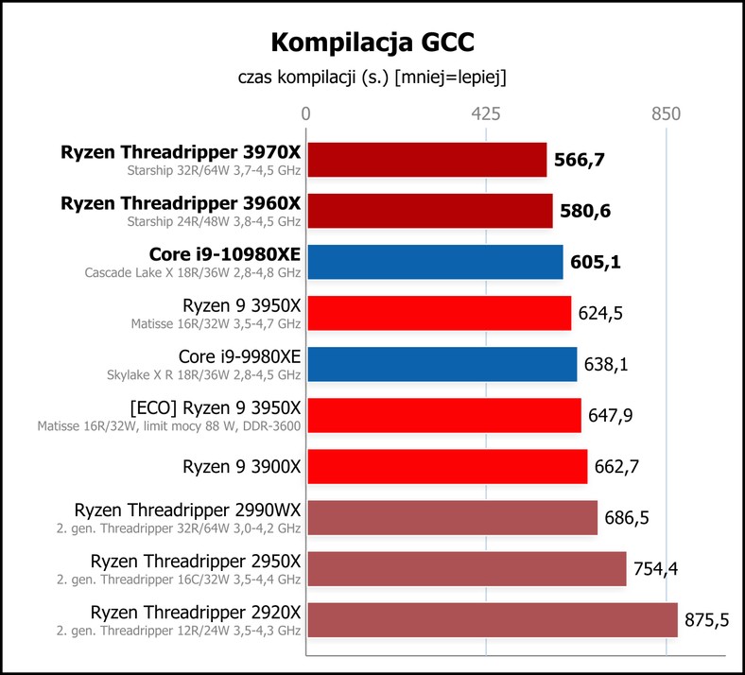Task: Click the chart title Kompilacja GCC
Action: coord(372,43)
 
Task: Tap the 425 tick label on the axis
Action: coord(486,114)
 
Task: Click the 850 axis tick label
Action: coord(667,114)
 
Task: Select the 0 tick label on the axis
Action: coord(305,114)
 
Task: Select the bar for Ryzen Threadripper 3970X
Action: coord(426,160)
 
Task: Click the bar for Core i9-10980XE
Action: coord(435,262)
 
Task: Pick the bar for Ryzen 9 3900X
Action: coord(447,466)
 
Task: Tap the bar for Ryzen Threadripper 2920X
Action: coord(493,620)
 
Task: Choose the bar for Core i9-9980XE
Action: coord(442,364)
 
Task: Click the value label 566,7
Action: coord(580,160)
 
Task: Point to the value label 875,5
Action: coord(706,620)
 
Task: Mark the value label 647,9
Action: coord(610,416)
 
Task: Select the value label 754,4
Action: coord(656,569)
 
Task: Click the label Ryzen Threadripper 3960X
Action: coord(181,203)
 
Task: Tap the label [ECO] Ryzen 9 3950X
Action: coord(216,408)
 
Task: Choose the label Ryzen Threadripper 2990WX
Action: coord(188,511)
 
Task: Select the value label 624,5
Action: coord(600,314)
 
